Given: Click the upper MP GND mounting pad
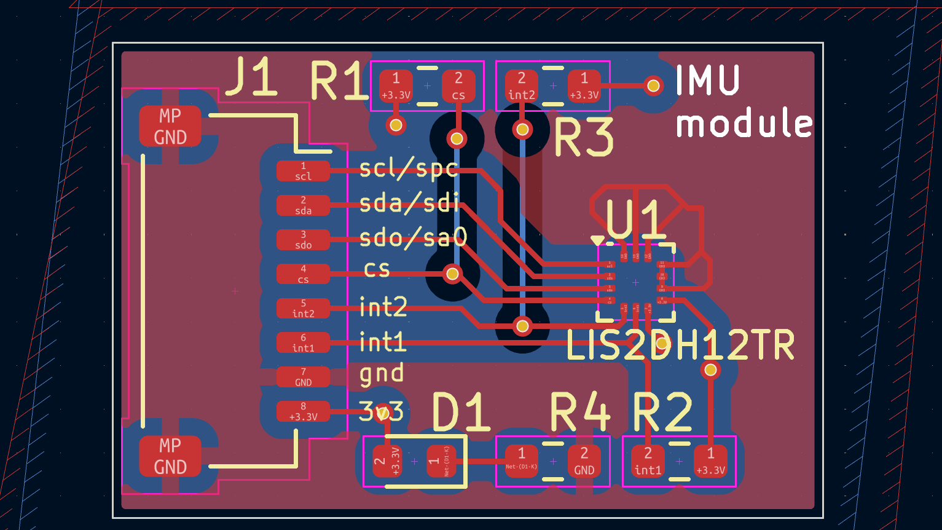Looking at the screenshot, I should [170, 127].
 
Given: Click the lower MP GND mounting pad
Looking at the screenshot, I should [170, 456].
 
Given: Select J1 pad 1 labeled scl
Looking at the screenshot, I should [303, 171].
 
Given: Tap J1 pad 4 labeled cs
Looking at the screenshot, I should [303, 274].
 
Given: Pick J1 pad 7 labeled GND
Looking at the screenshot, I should [303, 377].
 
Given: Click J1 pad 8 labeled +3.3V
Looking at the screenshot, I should [303, 411].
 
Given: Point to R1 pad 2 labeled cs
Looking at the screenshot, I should [458, 86].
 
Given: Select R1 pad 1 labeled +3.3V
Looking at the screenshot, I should [396, 86].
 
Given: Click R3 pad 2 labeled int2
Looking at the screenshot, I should [522, 86].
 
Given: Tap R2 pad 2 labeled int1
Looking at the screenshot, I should [648, 461].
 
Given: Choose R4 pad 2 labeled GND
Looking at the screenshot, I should [584, 461].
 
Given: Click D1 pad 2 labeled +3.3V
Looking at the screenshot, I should [387, 461].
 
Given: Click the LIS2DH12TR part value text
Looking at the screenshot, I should [680, 346].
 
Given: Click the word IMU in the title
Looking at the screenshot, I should [708, 81].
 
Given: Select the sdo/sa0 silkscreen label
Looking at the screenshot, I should [414, 237].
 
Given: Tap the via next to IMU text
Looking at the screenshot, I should [654, 85].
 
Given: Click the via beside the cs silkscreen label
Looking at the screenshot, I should [452, 273].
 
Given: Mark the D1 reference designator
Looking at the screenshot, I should [461, 412].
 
